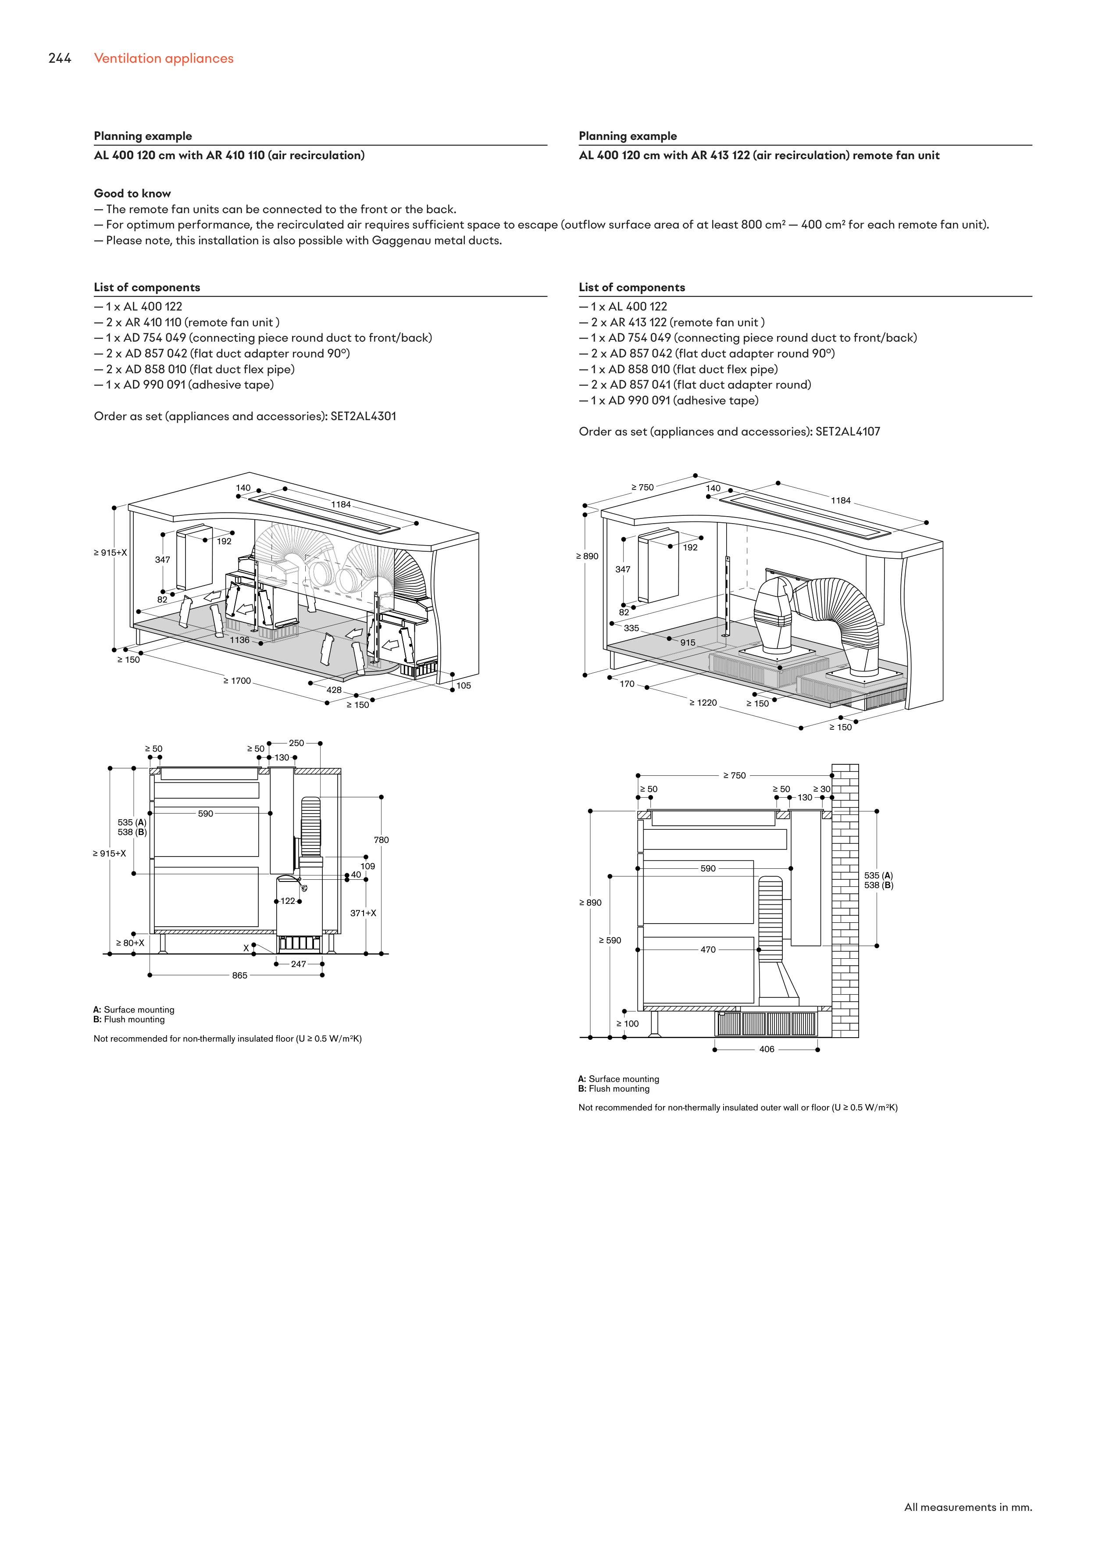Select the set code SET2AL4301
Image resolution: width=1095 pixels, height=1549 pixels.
[x=363, y=416]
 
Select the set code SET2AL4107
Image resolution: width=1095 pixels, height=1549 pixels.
[x=847, y=432]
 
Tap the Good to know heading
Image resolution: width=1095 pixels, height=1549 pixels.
[x=132, y=194]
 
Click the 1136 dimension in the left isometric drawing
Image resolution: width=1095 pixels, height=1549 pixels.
[x=239, y=639]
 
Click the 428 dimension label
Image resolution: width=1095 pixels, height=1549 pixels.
[x=334, y=689]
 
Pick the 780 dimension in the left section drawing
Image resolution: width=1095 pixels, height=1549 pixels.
[x=381, y=840]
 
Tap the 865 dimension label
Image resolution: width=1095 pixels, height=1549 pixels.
[x=239, y=975]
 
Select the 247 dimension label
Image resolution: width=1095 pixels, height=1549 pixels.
[x=298, y=964]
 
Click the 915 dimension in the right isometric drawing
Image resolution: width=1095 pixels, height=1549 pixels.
[x=688, y=642]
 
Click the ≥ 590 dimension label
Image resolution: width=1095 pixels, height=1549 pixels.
[x=610, y=940]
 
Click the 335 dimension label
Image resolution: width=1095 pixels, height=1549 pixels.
[x=631, y=628]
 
